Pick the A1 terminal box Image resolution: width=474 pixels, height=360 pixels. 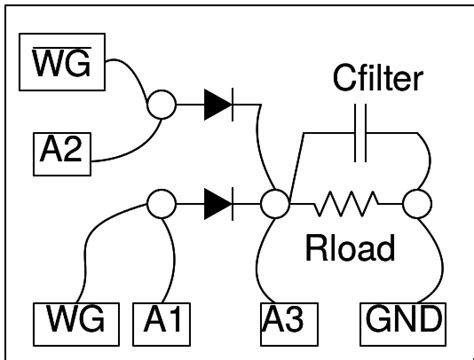[161, 321]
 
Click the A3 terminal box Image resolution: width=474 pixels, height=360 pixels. [289, 321]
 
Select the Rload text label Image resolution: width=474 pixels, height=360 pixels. [349, 247]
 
